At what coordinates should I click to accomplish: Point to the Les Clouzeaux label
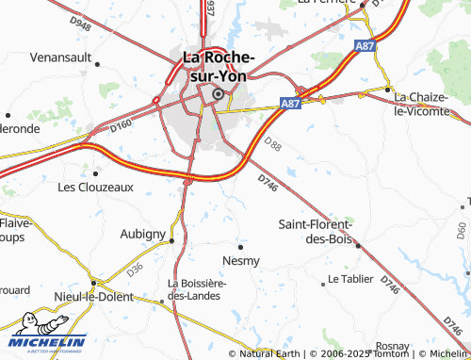[x=96, y=187]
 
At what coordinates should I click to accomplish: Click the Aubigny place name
[x=143, y=233]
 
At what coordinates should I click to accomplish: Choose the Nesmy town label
[x=241, y=259]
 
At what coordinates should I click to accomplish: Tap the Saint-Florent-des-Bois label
[x=315, y=231]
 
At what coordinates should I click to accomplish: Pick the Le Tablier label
[x=352, y=281]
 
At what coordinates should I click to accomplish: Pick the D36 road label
[x=135, y=270]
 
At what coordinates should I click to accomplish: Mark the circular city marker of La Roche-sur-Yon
[x=219, y=93]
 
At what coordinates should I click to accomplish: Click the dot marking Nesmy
[x=241, y=246]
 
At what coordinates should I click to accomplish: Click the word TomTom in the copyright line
[x=388, y=354]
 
